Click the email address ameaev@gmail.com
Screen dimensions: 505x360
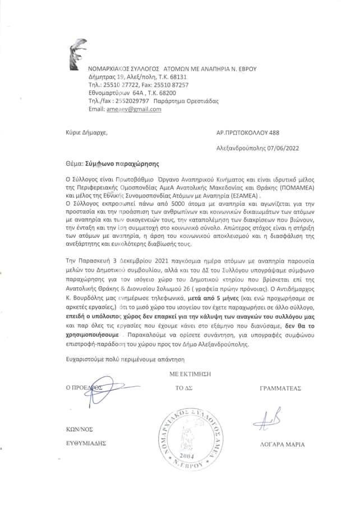pos(133,109)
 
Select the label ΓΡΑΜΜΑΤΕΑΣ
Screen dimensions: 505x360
pos(281,387)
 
